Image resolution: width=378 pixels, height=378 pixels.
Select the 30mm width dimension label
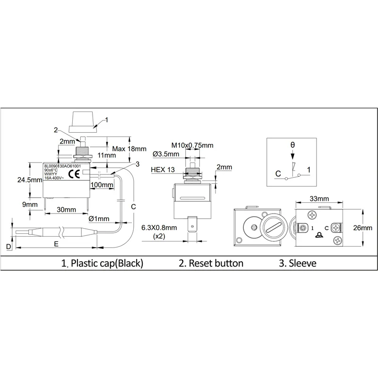click(x=66, y=209)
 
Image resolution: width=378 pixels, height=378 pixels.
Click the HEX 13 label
click(x=163, y=169)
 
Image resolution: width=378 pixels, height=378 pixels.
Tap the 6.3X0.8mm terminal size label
click(x=160, y=227)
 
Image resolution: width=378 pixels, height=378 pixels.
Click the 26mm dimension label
click(x=362, y=228)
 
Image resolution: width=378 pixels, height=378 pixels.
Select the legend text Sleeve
click(x=298, y=263)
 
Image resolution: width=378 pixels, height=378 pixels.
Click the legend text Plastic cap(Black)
click(x=102, y=263)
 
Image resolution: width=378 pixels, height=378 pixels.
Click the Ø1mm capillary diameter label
click(x=99, y=219)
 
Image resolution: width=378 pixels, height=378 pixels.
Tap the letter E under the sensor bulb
click(x=56, y=244)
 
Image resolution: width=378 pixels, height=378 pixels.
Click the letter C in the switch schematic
click(x=278, y=173)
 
